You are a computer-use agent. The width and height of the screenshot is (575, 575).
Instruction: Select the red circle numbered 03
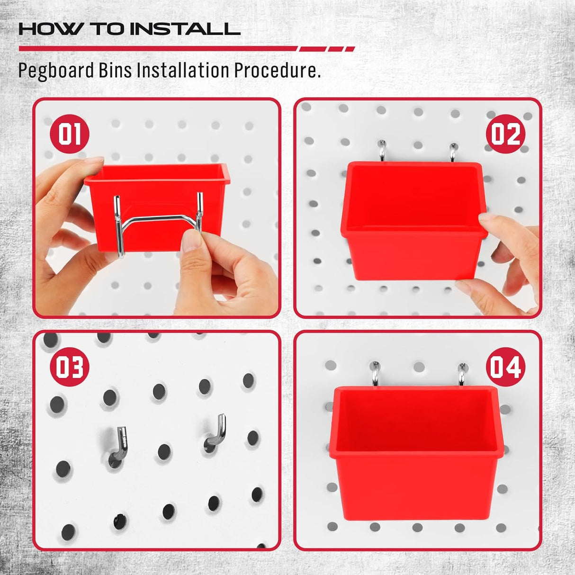[69, 367]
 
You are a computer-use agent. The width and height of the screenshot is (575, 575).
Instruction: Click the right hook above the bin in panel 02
[453, 152]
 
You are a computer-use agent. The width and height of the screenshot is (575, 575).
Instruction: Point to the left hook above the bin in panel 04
[375, 375]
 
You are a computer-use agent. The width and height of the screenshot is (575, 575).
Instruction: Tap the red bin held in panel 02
[410, 223]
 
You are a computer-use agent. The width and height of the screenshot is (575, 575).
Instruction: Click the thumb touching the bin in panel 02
[493, 223]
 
